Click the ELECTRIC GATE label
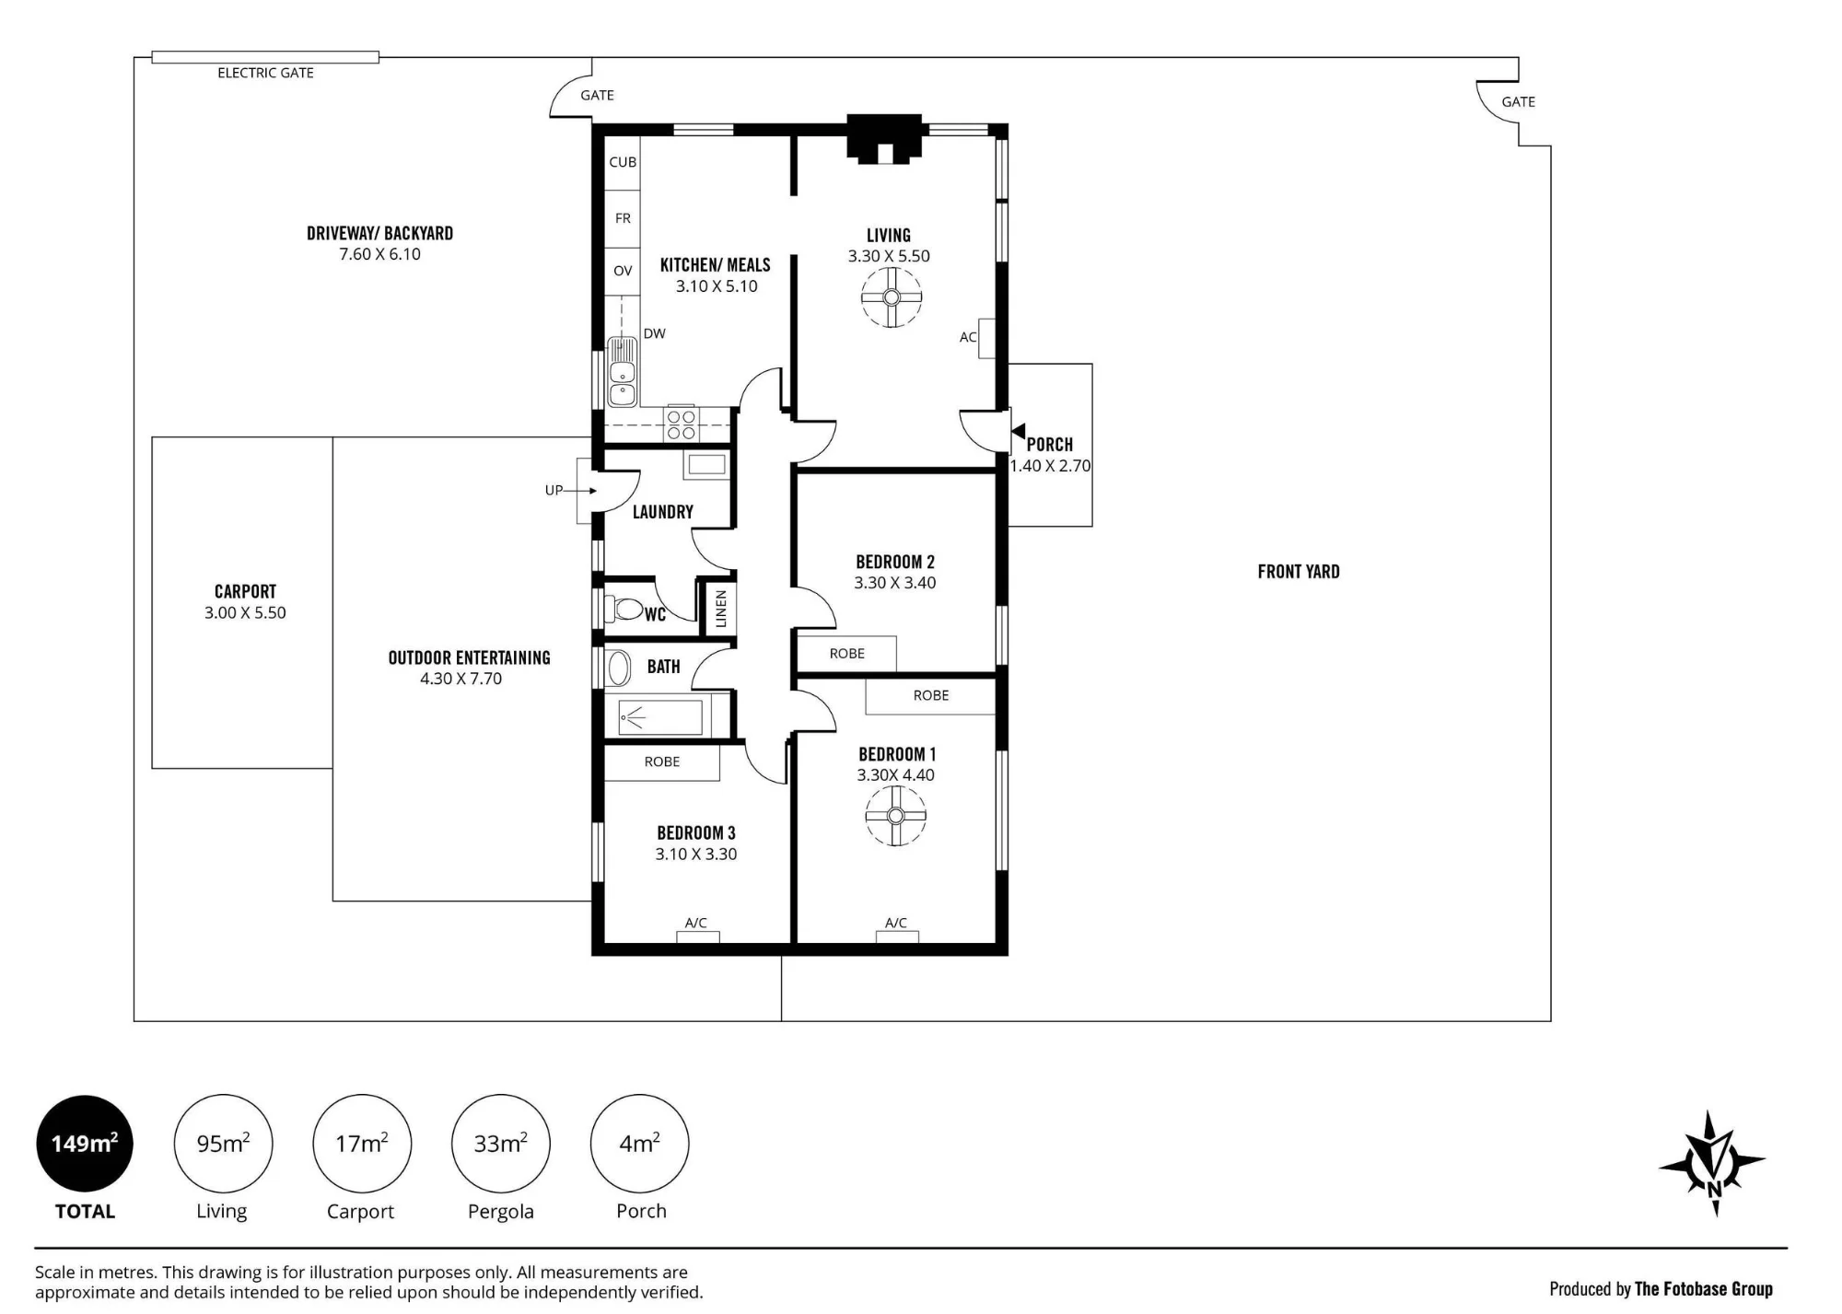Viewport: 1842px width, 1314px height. (x=265, y=73)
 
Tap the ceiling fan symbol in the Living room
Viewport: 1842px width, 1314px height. (x=891, y=297)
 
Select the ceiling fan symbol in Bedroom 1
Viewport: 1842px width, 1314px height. (x=895, y=816)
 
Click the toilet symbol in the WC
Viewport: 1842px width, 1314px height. (x=625, y=609)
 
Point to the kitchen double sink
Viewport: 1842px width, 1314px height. (x=622, y=373)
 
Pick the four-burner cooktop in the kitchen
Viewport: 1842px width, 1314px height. (x=682, y=424)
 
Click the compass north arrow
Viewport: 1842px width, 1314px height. (x=1713, y=1163)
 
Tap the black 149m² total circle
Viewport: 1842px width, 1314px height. (x=85, y=1144)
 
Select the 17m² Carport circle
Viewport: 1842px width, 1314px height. (x=362, y=1144)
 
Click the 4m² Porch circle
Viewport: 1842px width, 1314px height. (x=639, y=1144)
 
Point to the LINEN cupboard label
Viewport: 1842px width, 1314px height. (x=721, y=609)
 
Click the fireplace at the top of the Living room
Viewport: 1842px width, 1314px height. (x=884, y=139)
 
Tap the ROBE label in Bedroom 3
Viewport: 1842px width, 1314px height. (x=662, y=762)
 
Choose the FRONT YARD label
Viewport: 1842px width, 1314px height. (x=1299, y=572)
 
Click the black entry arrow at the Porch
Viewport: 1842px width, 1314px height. (x=1018, y=431)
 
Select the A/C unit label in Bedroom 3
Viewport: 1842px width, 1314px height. (x=696, y=923)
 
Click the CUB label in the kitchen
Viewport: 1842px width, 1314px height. (x=623, y=162)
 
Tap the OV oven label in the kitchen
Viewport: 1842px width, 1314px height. (x=623, y=271)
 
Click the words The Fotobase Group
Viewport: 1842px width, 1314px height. (x=1703, y=1289)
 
